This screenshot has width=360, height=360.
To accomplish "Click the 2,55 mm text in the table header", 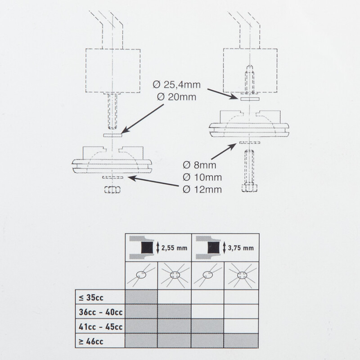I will click(175, 248).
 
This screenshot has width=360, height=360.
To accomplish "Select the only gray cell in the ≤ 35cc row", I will click(140, 297).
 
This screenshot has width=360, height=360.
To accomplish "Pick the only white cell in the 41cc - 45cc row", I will click(242, 326).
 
